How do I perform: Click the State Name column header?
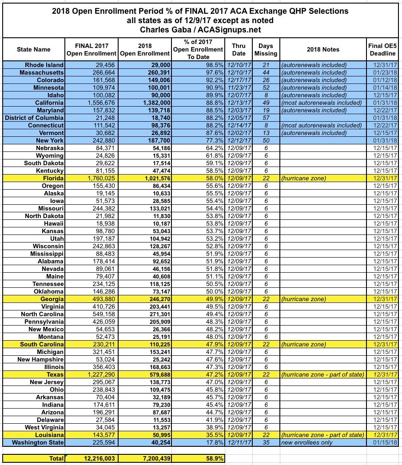point(33,49)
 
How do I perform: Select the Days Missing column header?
point(266,49)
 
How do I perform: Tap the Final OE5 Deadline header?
point(382,49)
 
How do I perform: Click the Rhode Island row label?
point(44,65)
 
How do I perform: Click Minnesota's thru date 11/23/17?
point(239,87)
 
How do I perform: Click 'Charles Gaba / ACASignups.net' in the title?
point(200,30)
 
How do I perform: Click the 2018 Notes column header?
point(322,49)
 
